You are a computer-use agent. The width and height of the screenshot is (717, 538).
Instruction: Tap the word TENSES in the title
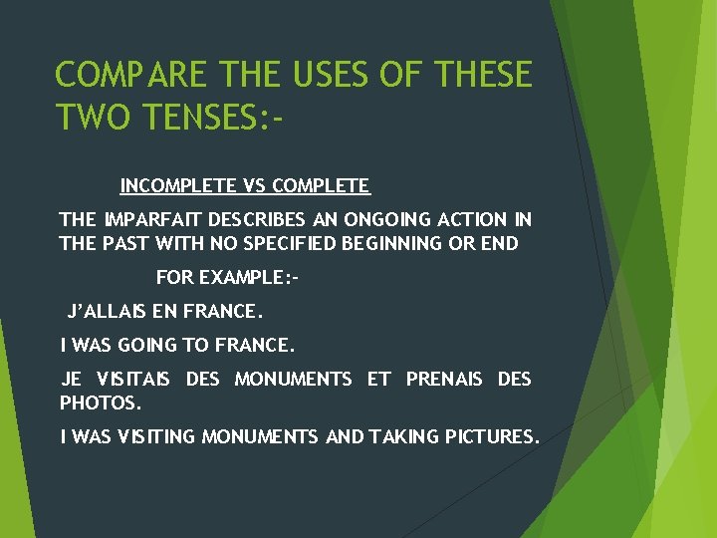204,118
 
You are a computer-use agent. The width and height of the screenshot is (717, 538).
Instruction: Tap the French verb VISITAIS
133,380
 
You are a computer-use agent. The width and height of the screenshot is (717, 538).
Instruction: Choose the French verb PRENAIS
444,380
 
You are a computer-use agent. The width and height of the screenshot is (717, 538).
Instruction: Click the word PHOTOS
101,403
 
